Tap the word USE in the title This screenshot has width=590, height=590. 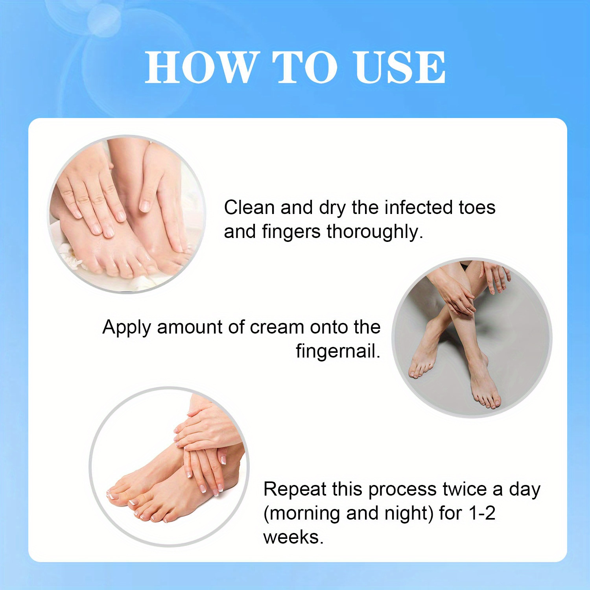point(400,67)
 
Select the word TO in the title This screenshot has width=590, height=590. point(305,67)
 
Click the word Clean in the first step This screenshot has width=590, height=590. point(249,207)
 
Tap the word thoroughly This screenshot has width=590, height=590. point(375,232)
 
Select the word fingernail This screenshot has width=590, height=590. point(338,351)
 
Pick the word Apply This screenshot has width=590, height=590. point(127,328)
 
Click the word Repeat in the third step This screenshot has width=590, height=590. point(295,489)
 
